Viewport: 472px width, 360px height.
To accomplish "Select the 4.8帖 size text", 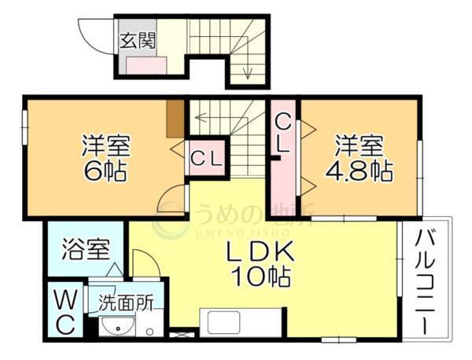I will (x=360, y=170).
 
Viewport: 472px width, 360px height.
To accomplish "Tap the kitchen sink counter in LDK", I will (x=241, y=323).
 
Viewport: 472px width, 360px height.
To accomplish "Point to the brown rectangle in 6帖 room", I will (x=176, y=117).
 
